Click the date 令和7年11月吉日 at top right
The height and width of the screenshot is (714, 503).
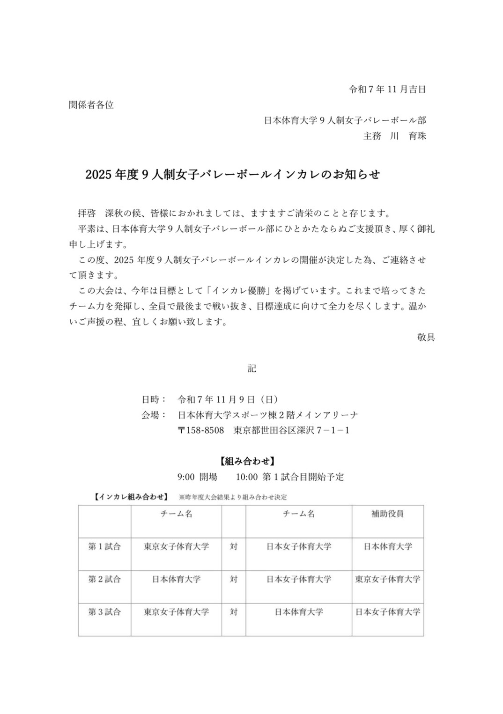387,89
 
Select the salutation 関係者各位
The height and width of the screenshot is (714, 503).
91,105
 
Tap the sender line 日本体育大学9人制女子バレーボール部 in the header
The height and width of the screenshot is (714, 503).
345,120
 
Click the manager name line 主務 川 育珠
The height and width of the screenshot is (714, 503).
394,136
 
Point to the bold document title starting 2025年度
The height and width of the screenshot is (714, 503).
232,175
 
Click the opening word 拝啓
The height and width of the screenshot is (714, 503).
87,213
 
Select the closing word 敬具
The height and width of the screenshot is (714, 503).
426,337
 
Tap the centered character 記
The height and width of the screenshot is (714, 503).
251,368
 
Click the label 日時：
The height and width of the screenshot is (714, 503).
154,399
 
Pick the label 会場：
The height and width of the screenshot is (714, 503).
154,415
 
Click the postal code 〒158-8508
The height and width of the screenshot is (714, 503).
200,430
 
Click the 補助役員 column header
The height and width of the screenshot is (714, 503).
387,514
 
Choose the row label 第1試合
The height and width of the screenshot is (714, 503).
104,546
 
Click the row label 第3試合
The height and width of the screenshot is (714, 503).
104,612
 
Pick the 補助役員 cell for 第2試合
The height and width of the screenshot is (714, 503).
387,579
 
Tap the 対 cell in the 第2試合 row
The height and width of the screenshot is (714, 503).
234,579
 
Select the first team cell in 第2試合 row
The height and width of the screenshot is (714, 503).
176,579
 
